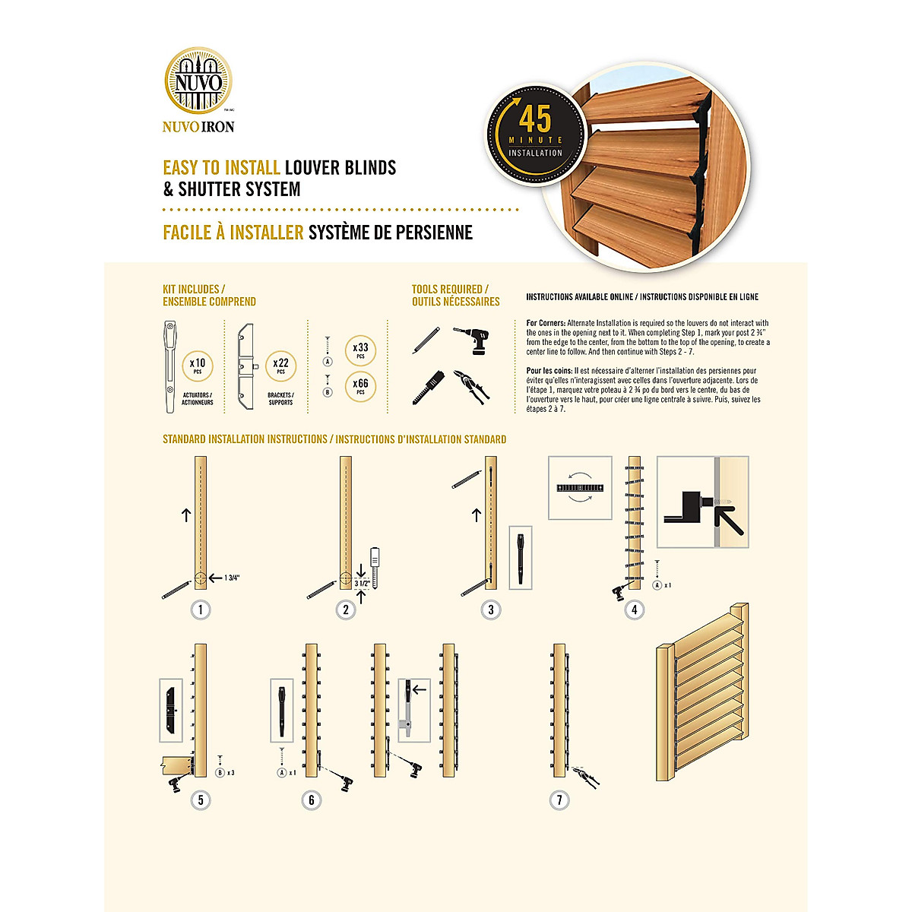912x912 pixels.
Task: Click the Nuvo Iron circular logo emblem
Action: (199, 81)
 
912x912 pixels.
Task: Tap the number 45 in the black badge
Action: (535, 119)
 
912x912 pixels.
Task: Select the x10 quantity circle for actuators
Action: (198, 366)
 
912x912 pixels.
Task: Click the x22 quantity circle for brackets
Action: (281, 366)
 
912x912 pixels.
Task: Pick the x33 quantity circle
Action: (360, 350)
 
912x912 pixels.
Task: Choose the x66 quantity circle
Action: (360, 385)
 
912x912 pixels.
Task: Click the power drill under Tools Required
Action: (473, 340)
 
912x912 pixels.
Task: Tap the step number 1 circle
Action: (201, 610)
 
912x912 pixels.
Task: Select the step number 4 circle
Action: (635, 609)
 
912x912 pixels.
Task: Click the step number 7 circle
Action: (559, 800)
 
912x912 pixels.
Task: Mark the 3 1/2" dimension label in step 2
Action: (363, 584)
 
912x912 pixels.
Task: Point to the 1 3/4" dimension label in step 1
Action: (232, 578)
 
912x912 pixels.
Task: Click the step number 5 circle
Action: (201, 800)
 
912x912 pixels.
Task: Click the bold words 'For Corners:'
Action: (546, 323)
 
